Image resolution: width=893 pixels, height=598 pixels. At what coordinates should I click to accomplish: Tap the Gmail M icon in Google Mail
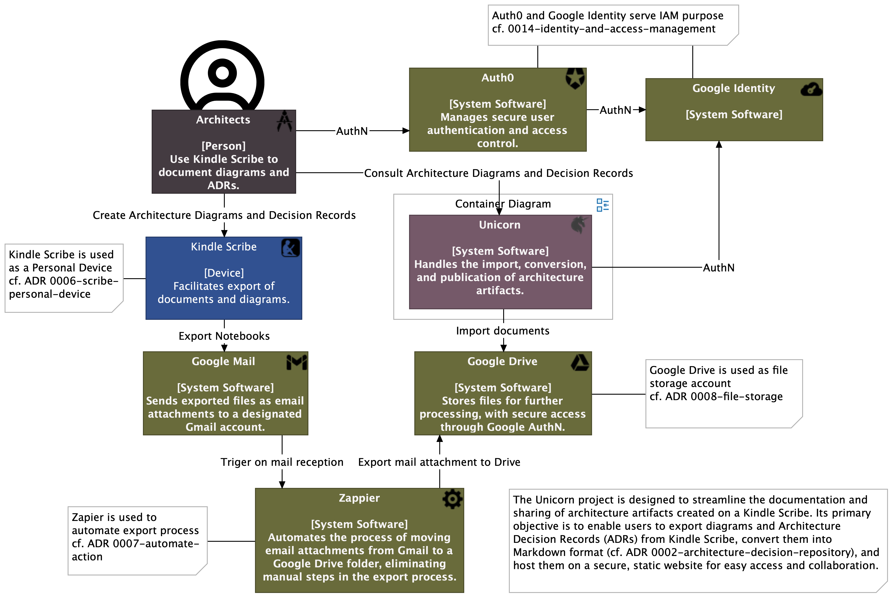[297, 362]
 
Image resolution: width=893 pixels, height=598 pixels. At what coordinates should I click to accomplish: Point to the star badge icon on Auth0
[575, 79]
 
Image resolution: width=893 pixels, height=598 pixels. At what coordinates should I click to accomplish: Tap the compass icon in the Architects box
[285, 121]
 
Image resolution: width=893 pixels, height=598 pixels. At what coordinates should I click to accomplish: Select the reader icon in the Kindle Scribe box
[290, 248]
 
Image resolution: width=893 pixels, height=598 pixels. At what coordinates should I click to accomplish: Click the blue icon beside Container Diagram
[603, 205]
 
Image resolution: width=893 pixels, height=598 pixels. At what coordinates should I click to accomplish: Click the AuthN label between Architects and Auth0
[352, 131]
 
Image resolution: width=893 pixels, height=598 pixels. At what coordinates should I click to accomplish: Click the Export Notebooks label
[224, 336]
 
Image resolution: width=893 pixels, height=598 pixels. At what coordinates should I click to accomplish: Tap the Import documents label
[503, 331]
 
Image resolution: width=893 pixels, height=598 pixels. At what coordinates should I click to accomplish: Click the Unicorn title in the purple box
[499, 225]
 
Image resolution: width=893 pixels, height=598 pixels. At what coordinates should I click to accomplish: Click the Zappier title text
[359, 498]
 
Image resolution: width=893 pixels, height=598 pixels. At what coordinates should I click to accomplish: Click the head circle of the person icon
[222, 72]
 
